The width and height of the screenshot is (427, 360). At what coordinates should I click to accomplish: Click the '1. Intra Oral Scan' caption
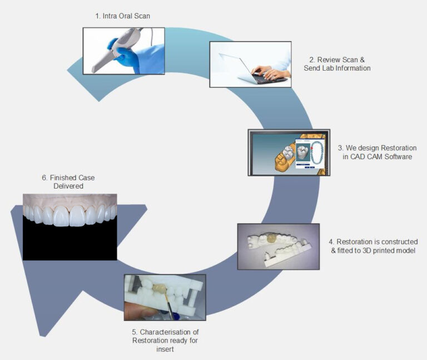pos(122,16)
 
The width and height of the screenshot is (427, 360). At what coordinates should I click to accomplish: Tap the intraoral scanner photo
pos(123,51)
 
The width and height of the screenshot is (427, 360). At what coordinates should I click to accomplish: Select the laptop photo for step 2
pos(250,64)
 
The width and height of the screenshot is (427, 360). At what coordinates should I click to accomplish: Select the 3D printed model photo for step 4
pos(278,246)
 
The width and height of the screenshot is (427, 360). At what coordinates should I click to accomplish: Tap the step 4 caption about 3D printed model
pos(373,246)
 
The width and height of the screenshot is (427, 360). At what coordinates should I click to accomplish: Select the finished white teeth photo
pos(69,219)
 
